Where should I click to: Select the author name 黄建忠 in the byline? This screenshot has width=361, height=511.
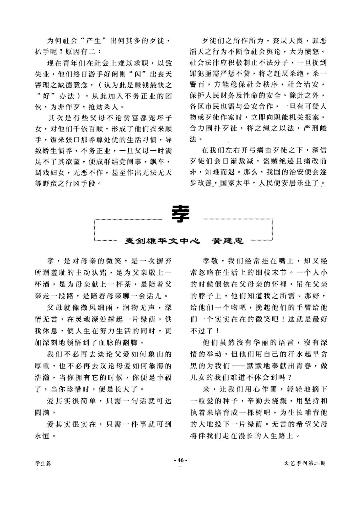click(x=228, y=241)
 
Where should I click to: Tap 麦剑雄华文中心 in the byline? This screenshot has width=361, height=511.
click(x=162, y=241)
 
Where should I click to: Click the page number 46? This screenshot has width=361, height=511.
click(x=180, y=461)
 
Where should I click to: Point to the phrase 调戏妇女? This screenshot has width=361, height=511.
click(x=50, y=173)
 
